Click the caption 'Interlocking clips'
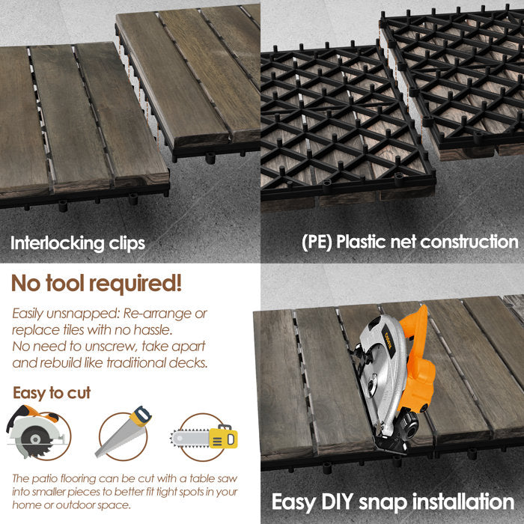tap(78, 243)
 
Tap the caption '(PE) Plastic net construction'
tap(409, 242)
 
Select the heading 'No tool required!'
tap(96, 284)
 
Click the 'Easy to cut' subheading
tap(52, 392)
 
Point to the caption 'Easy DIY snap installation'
tap(392, 501)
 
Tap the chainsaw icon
tap(204, 436)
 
